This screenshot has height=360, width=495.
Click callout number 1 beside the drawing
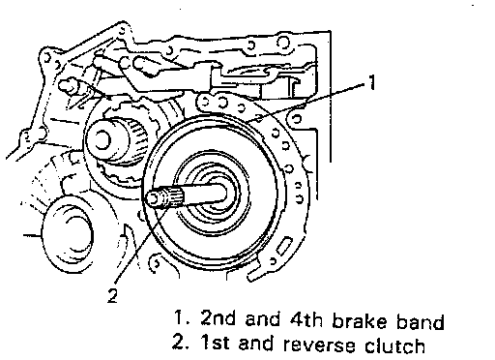372,82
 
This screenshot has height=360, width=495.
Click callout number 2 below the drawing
112,295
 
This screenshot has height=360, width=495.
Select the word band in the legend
420,321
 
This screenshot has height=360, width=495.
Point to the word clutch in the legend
394,345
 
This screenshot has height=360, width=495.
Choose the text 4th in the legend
306,319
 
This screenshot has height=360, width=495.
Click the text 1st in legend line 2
216,342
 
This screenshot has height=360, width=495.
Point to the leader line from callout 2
140,246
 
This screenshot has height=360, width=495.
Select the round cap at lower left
67,234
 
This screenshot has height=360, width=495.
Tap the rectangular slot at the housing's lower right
283,245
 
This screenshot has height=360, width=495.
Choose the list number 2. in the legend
182,342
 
